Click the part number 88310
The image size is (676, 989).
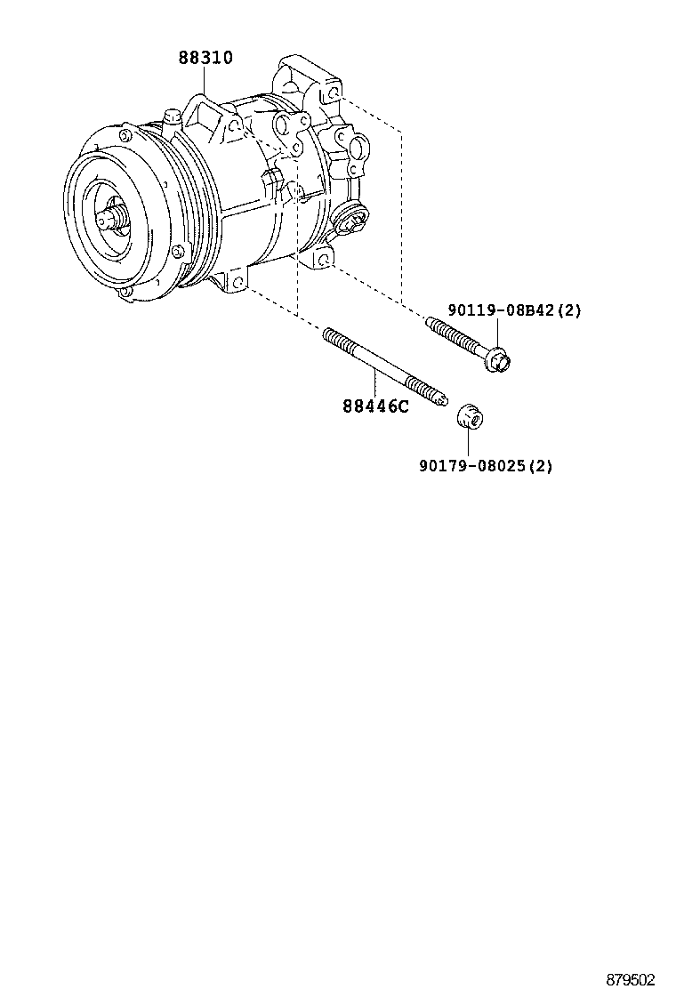pyautogui.click(x=205, y=59)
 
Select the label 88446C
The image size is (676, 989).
pyautogui.click(x=375, y=408)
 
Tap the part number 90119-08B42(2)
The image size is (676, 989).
pyautogui.click(x=514, y=310)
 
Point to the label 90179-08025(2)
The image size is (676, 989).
pyautogui.click(x=486, y=465)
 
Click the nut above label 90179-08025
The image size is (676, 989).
pyautogui.click(x=469, y=417)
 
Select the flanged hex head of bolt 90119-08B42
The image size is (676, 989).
pyautogui.click(x=500, y=360)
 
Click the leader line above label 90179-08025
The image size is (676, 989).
pyautogui.click(x=469, y=442)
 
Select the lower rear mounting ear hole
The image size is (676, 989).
pyautogui.click(x=324, y=259)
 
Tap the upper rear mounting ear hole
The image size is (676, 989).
pyautogui.click(x=331, y=92)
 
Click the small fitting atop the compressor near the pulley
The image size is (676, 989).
pyautogui.click(x=171, y=117)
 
